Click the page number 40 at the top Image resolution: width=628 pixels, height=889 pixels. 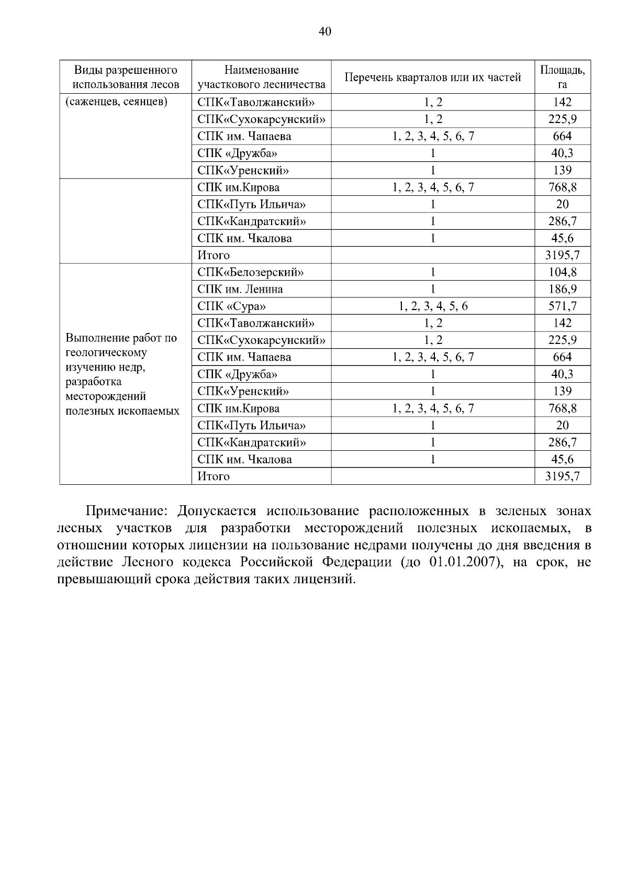tap(324, 32)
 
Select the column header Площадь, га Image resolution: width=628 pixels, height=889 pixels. tap(563, 77)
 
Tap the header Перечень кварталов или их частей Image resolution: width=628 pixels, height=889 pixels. tap(433, 77)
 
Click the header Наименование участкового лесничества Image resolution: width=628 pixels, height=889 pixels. tap(261, 77)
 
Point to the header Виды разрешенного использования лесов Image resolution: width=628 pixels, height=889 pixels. tap(126, 77)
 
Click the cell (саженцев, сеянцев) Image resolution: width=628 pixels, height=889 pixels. tap(116, 102)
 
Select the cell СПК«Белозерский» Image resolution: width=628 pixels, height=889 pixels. tap(251, 272)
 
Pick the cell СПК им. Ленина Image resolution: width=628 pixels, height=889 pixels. tap(240, 289)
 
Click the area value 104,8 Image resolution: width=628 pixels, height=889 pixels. tap(563, 272)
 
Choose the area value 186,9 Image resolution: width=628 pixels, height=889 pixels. tap(563, 289)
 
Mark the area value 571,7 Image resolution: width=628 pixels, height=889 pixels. tap(563, 306)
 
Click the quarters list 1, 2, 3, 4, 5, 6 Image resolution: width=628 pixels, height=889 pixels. tap(433, 306)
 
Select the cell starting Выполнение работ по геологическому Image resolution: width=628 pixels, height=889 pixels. tap(122, 374)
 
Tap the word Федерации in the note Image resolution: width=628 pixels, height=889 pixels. tap(357, 562)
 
